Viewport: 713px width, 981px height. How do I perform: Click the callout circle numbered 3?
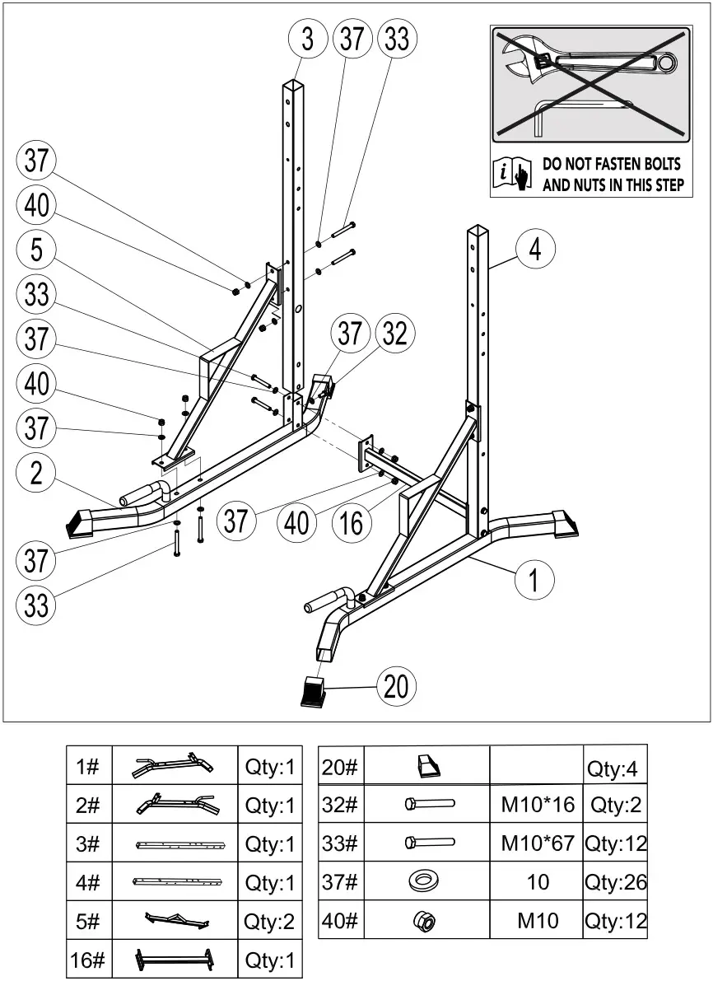tap(307, 40)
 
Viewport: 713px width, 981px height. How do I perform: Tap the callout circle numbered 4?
tap(535, 249)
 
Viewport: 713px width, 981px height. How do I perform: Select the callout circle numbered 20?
tap(396, 685)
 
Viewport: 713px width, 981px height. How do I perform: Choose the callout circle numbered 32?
tap(395, 334)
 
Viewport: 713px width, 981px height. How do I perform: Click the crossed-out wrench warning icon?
tap(590, 82)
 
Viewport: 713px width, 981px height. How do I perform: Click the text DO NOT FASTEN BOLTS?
tap(613, 165)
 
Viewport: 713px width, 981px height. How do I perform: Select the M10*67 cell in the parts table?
tap(537, 843)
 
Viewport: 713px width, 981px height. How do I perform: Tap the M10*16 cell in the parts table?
tap(537, 805)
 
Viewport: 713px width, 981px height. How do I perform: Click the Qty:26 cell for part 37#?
tap(616, 882)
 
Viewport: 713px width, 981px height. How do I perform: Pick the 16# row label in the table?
tap(88, 960)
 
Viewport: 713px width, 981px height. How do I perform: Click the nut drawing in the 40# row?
tap(425, 920)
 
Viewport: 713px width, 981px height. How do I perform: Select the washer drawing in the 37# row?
tap(425, 882)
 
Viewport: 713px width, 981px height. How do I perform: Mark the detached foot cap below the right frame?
tap(313, 692)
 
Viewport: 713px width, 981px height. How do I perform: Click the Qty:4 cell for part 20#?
tap(614, 768)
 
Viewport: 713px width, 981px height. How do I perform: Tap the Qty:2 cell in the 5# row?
tap(269, 921)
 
